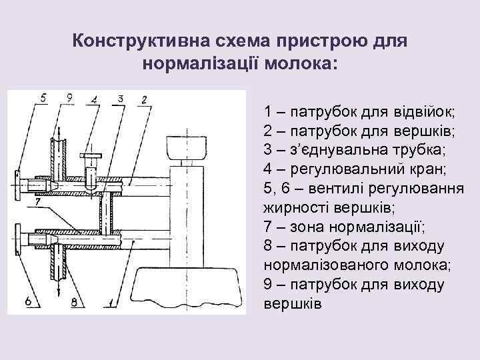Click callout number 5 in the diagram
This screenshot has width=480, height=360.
pyautogui.click(x=43, y=99)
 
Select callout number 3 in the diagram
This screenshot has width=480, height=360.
pyautogui.click(x=119, y=99)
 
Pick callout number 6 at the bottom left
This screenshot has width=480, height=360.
pyautogui.click(x=27, y=301)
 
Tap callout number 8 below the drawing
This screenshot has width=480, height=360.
pyautogui.click(x=78, y=301)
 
